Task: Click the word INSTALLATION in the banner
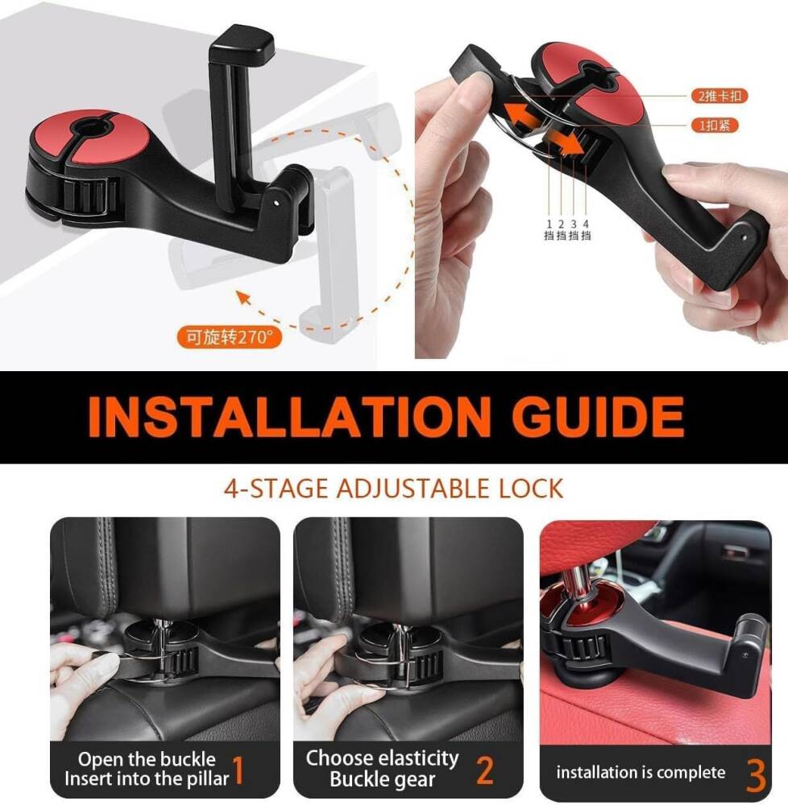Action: coord(289,416)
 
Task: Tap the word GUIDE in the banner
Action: coord(598,416)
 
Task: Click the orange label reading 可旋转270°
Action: coord(229,336)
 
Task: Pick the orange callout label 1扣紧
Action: coord(715,125)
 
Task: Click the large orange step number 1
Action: coord(238,770)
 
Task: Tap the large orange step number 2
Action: coord(485,770)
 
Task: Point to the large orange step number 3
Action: coord(756,775)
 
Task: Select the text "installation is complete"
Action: coord(641,772)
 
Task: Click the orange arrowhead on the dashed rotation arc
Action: coord(244,299)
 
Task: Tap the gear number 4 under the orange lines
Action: coord(586,224)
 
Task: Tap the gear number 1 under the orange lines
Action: coord(549,224)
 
